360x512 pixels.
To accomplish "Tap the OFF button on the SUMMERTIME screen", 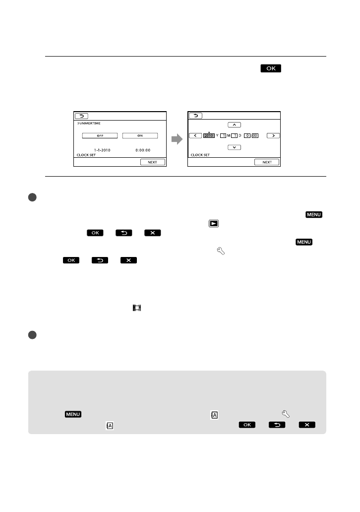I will tap(100, 135).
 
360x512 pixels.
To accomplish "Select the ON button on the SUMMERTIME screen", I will tap(140, 135).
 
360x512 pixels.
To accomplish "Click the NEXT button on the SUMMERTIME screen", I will tap(152, 162).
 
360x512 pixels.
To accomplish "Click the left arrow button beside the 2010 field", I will tap(195, 135).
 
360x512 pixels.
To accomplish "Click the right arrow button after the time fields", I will tap(273, 135).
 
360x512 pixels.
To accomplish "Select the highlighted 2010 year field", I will tap(209, 135).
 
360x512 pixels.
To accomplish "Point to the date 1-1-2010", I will tap(102, 149).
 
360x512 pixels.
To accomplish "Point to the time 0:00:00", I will tap(143, 149).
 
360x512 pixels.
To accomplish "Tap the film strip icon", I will tap(136, 308).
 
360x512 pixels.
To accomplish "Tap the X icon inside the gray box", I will tap(307, 424).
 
